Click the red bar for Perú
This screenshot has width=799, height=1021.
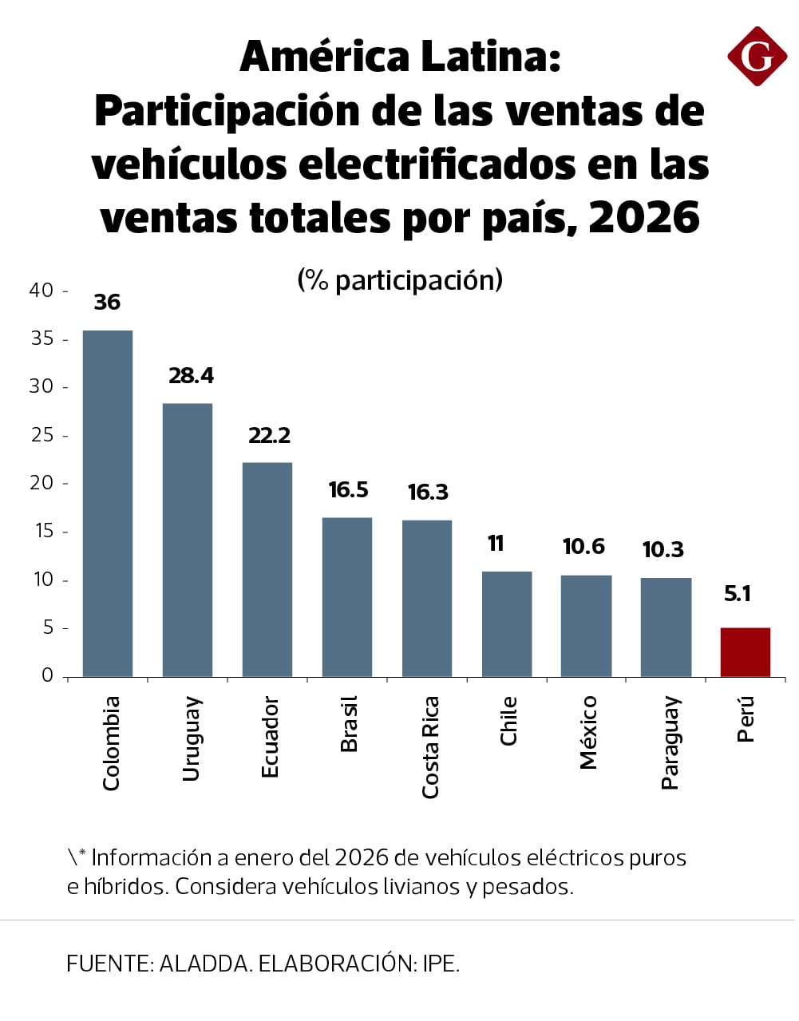pyautogui.click(x=745, y=652)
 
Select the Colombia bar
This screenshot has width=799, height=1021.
pyautogui.click(x=108, y=503)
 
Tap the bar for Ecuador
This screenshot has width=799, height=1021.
pyautogui.click(x=267, y=569)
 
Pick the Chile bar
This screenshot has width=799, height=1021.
pyautogui.click(x=507, y=623)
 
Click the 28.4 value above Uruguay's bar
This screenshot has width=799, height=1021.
pyautogui.click(x=191, y=376)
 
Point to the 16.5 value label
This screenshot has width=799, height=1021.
pyautogui.click(x=348, y=490)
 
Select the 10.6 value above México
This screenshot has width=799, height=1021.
pyautogui.click(x=583, y=547)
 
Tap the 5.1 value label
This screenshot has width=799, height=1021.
pyautogui.click(x=738, y=594)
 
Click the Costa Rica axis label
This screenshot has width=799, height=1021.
pyautogui.click(x=430, y=746)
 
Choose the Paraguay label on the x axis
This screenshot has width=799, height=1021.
pyautogui.click(x=670, y=742)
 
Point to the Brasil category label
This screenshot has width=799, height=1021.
pyautogui.click(x=349, y=723)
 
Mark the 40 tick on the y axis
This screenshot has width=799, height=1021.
pyautogui.click(x=42, y=291)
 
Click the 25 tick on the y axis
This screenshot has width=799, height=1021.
pyautogui.click(x=42, y=435)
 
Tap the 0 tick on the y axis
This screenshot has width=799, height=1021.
pyautogui.click(x=47, y=675)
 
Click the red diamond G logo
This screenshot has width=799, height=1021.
pyautogui.click(x=757, y=56)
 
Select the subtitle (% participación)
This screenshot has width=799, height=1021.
pyautogui.click(x=400, y=280)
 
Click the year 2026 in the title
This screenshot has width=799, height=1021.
pyautogui.click(x=644, y=218)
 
